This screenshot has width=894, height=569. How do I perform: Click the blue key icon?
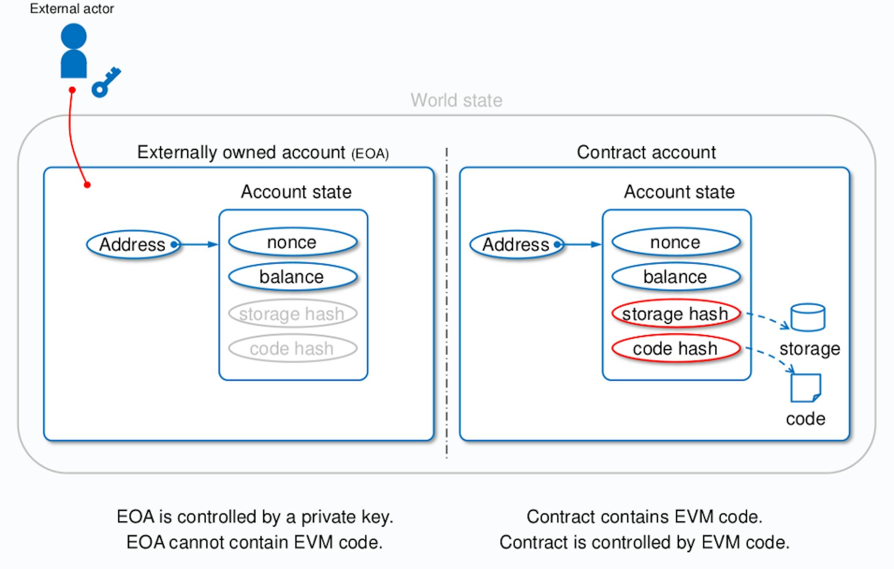tap(106, 82)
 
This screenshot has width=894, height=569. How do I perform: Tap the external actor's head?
tap(74, 36)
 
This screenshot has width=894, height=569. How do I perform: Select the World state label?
tap(456, 101)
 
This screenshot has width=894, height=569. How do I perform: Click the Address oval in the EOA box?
tap(133, 244)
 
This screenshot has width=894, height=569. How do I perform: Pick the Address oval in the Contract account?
tap(516, 244)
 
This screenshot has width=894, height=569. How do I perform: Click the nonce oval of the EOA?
tap(293, 242)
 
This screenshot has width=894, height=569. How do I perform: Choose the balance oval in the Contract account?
tap(676, 277)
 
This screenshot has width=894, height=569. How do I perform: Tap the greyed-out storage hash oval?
tap(293, 313)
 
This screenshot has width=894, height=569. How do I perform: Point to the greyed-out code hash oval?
tap(293, 348)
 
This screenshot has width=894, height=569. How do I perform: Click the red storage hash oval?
tap(676, 313)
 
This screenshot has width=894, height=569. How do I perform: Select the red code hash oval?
tap(676, 348)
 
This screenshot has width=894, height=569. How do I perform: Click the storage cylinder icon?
tap(808, 317)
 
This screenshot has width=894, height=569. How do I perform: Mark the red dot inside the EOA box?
tap(87, 185)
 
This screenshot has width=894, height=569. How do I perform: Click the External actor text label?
tap(72, 9)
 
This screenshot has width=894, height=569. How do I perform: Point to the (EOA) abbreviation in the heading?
tap(370, 154)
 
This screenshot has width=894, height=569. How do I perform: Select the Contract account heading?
tap(646, 153)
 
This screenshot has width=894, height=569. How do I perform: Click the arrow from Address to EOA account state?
tap(199, 244)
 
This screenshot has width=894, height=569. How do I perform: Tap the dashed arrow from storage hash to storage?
tap(768, 320)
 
